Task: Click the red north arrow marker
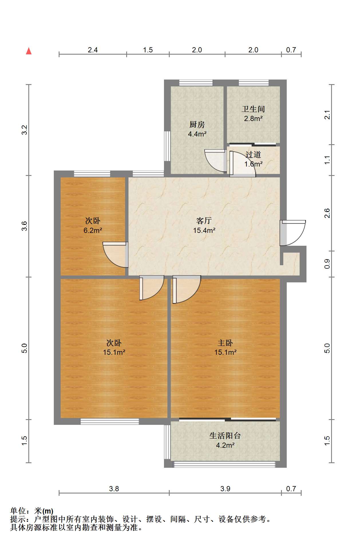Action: [29, 51]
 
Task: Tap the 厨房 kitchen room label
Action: [197, 125]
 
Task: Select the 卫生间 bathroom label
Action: [253, 109]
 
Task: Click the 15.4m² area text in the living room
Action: [204, 230]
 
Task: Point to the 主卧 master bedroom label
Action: [225, 343]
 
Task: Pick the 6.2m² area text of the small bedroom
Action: [93, 230]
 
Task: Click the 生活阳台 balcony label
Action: [225, 436]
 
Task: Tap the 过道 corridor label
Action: [253, 155]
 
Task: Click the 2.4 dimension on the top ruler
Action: [92, 50]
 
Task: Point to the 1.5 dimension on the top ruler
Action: [148, 50]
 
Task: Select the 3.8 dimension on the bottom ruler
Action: [114, 489]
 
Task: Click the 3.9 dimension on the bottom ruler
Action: [225, 489]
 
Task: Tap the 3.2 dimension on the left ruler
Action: [25, 130]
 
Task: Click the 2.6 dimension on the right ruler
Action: [327, 213]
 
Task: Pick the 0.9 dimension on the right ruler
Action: [327, 264]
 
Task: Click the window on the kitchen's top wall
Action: [196, 83]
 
